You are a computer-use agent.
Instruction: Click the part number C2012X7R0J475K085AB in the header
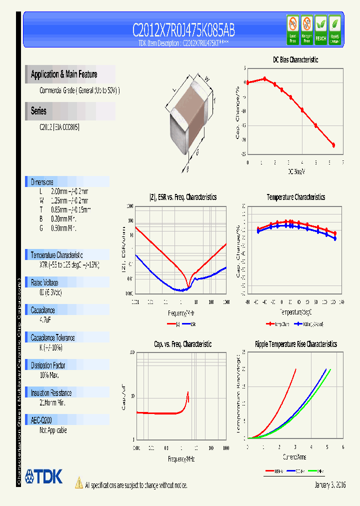183,31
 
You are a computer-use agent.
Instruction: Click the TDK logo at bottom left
44,477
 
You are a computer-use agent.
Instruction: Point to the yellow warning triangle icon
79,483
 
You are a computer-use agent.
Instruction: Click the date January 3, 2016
330,485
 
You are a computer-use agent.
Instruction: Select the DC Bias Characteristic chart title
295,59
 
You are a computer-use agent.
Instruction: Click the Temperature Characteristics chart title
295,197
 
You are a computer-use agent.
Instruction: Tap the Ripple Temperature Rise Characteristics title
295,344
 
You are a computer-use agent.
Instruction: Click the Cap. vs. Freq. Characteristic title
182,344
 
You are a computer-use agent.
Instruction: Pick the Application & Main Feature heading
64,74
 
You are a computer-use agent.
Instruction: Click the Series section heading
38,111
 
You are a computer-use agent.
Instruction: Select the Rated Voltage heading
44,282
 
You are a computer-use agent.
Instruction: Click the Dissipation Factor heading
48,365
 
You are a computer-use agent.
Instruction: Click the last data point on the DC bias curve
333,145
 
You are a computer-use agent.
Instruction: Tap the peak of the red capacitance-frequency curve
188,392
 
